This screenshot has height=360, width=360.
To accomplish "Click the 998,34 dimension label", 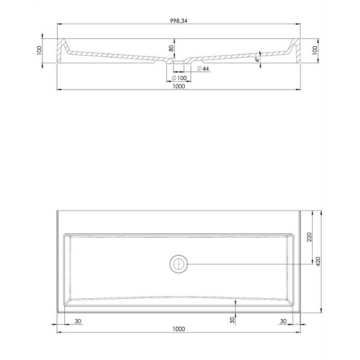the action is tap(178, 20).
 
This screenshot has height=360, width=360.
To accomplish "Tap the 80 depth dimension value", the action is tap(171, 48).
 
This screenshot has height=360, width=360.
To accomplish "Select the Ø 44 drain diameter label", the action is tap(203, 68).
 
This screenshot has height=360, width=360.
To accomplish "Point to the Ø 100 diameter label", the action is tap(179, 78).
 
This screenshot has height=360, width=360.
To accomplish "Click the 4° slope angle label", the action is tap(257, 59).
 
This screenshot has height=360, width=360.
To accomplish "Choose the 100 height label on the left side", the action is tap(39, 50).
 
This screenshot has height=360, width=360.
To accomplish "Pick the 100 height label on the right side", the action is tap(315, 50).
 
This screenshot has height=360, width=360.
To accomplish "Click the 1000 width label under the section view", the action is tap(179, 86).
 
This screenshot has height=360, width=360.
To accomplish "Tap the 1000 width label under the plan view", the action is tap(179, 329).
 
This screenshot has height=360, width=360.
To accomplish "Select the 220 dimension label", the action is tap(310, 237).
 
